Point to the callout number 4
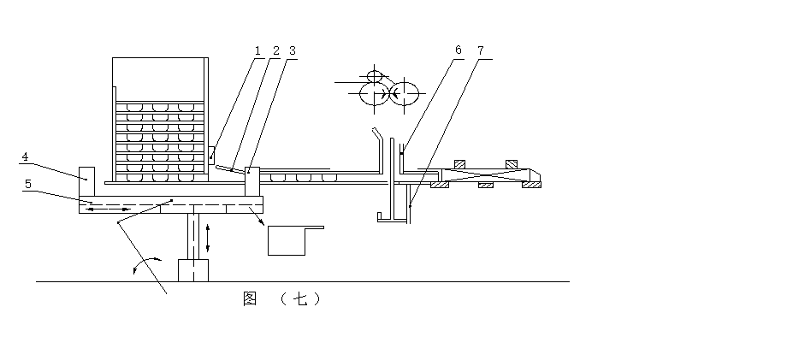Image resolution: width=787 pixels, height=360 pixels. click(x=26, y=157)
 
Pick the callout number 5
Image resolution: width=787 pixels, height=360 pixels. click(x=27, y=183)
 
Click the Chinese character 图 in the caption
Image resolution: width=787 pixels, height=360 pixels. click(x=250, y=298)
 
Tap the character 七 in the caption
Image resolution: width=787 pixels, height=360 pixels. click(x=300, y=298)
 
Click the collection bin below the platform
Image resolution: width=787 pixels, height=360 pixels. click(x=287, y=240)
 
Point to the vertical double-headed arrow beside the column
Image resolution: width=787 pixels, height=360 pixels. click(x=208, y=236)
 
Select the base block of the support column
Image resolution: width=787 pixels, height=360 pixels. click(x=193, y=270)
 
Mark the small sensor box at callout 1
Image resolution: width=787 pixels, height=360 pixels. click(x=210, y=153)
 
